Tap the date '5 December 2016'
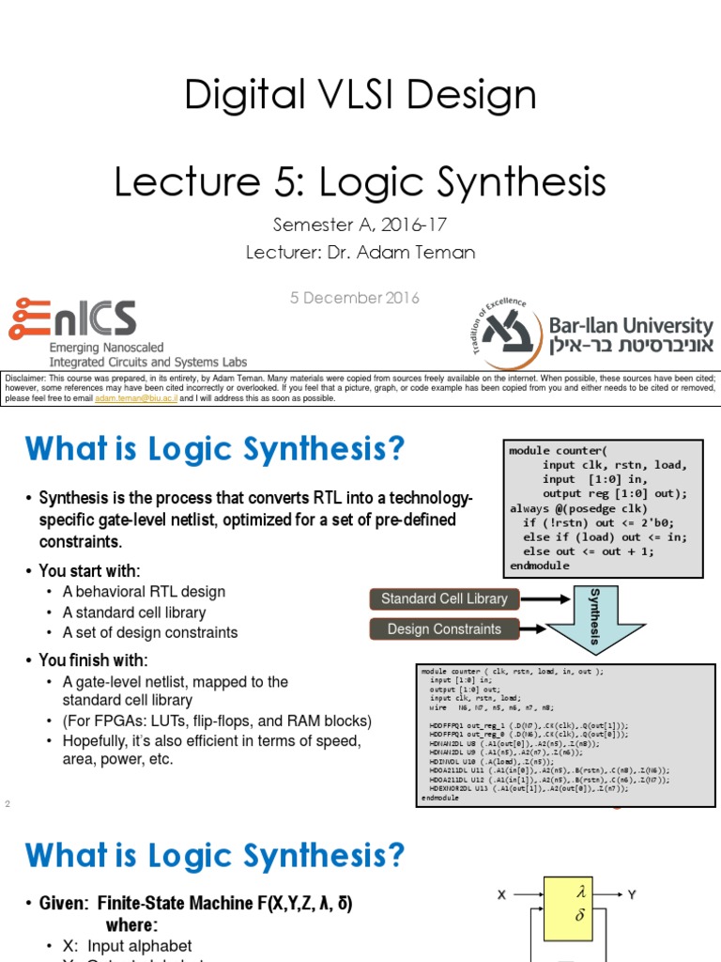[x=355, y=298]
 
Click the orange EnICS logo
[x=72, y=319]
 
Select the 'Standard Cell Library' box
[x=444, y=598]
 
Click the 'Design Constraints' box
[x=444, y=629]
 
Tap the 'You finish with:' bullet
[x=93, y=659]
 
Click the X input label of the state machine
[x=502, y=895]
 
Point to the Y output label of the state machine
[x=632, y=895]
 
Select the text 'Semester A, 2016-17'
[x=360, y=225]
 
